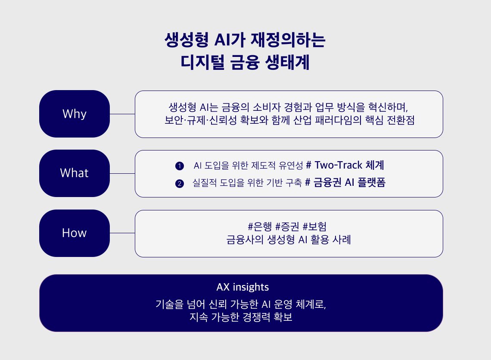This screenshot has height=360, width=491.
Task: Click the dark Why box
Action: point(75,114)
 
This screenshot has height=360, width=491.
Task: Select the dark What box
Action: point(75,173)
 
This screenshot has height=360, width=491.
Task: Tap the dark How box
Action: point(75,233)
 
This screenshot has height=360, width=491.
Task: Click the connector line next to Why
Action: point(122,114)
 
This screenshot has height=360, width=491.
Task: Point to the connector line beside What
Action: point(122,173)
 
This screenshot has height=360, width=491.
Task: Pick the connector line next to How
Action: point(122,233)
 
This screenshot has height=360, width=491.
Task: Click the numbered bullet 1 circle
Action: point(180,166)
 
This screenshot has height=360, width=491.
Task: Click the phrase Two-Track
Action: point(338,165)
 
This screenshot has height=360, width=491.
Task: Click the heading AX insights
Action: point(242,287)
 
